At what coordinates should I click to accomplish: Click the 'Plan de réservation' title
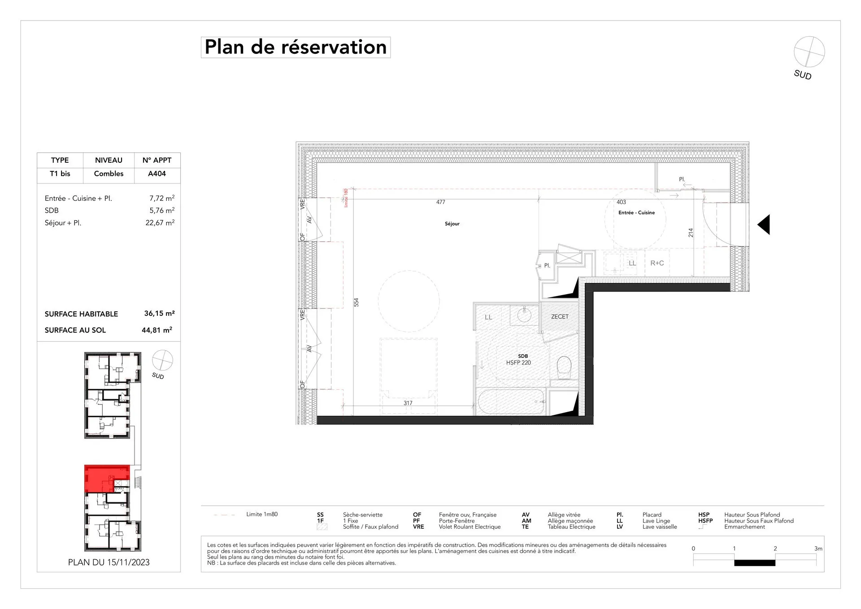tap(296, 48)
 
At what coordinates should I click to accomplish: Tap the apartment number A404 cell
tap(157, 174)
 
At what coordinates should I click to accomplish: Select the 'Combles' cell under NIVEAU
tap(109, 174)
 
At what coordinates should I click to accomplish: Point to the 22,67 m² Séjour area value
tap(160, 222)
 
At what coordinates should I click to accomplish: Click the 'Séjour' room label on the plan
tap(452, 224)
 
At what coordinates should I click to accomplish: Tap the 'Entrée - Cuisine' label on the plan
tap(636, 213)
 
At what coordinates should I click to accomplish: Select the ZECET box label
tap(560, 317)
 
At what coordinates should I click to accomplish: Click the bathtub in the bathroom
tap(511, 402)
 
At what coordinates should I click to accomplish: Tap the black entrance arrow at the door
tap(764, 224)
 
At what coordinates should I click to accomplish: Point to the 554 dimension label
tap(357, 302)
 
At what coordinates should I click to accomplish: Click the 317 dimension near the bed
tap(408, 403)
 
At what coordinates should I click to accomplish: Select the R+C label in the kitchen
tap(657, 263)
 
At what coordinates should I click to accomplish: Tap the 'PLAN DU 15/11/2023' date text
tap(109, 562)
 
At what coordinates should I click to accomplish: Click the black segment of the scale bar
tap(755, 563)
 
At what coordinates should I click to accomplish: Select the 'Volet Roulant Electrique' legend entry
tap(470, 526)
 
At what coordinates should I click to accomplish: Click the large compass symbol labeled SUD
tap(809, 52)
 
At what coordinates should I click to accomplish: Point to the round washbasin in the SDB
tap(524, 314)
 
